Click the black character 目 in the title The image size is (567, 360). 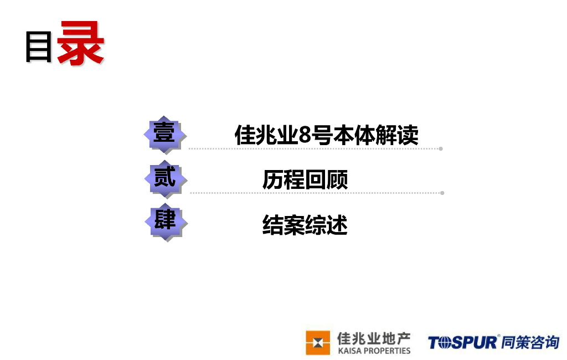(39, 47)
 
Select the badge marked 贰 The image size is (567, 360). (164, 178)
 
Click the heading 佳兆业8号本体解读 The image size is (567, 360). (326, 135)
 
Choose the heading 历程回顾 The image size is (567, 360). (305, 180)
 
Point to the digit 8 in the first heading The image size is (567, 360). (305, 136)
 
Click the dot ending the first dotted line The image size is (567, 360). (441, 148)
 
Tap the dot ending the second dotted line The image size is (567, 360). (442, 193)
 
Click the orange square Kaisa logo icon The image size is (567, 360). (318, 342)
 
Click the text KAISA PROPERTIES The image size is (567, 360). (374, 351)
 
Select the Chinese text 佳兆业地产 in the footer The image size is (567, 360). (374, 338)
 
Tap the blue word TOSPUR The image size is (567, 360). (463, 343)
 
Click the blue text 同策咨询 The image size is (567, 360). (530, 342)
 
